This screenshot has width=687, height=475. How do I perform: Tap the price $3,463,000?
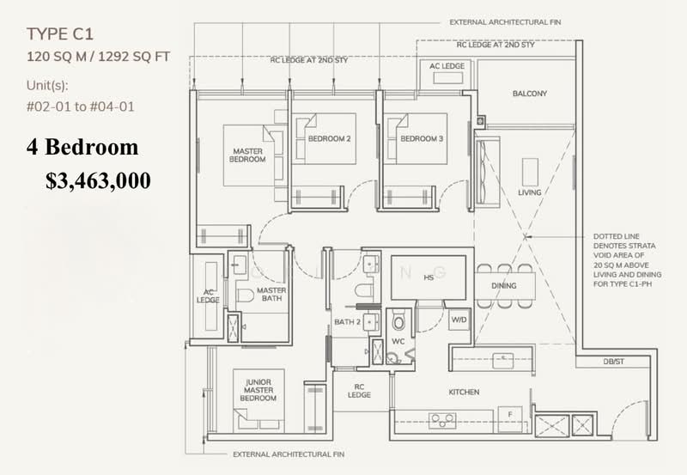point(98,180)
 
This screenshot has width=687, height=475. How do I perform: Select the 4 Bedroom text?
point(81,148)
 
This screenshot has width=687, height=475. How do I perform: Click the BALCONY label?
point(530,94)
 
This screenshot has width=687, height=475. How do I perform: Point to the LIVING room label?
point(530,192)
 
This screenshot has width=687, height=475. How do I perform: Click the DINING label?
point(504,286)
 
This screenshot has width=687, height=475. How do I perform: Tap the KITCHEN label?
point(464,393)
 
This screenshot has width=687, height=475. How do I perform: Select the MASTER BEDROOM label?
point(248,155)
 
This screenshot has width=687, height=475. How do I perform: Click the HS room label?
point(427,277)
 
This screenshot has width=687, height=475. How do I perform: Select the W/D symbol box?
point(459,321)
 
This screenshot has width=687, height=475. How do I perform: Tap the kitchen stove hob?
point(442,420)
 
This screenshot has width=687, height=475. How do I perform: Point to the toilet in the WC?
point(398,323)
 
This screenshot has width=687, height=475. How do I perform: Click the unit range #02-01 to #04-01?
point(80,107)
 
